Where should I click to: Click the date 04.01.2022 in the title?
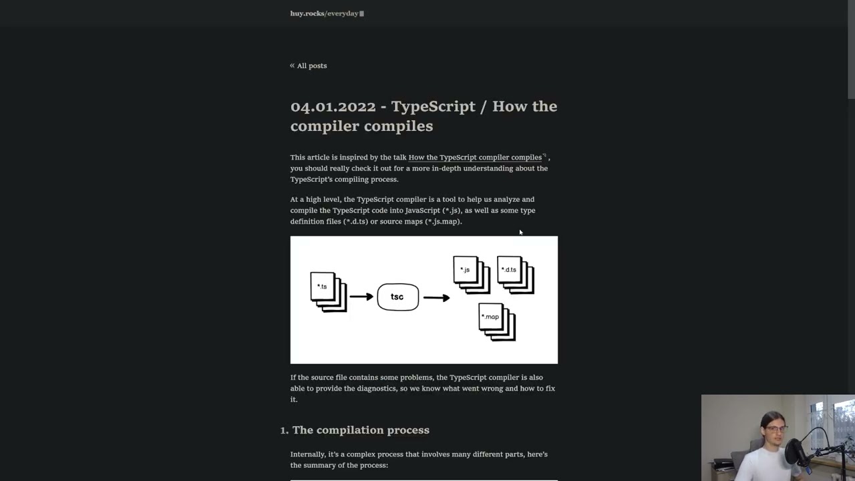pos(333,107)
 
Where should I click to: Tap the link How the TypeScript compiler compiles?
pos(475,158)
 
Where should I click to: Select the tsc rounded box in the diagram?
pos(397,297)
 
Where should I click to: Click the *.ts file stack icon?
pos(328,291)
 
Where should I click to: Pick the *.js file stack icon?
pos(470,274)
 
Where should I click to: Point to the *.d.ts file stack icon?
pos(515,274)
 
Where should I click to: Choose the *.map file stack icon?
pos(496,321)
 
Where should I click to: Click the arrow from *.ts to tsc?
pos(361,297)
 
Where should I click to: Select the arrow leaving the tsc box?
pos(436,297)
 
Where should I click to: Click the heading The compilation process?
pos(361,430)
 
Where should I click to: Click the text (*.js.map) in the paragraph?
pos(444,222)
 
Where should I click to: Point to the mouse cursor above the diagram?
pos(520,232)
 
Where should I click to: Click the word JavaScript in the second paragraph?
pos(422,210)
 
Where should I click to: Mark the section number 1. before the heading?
pos(284,430)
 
